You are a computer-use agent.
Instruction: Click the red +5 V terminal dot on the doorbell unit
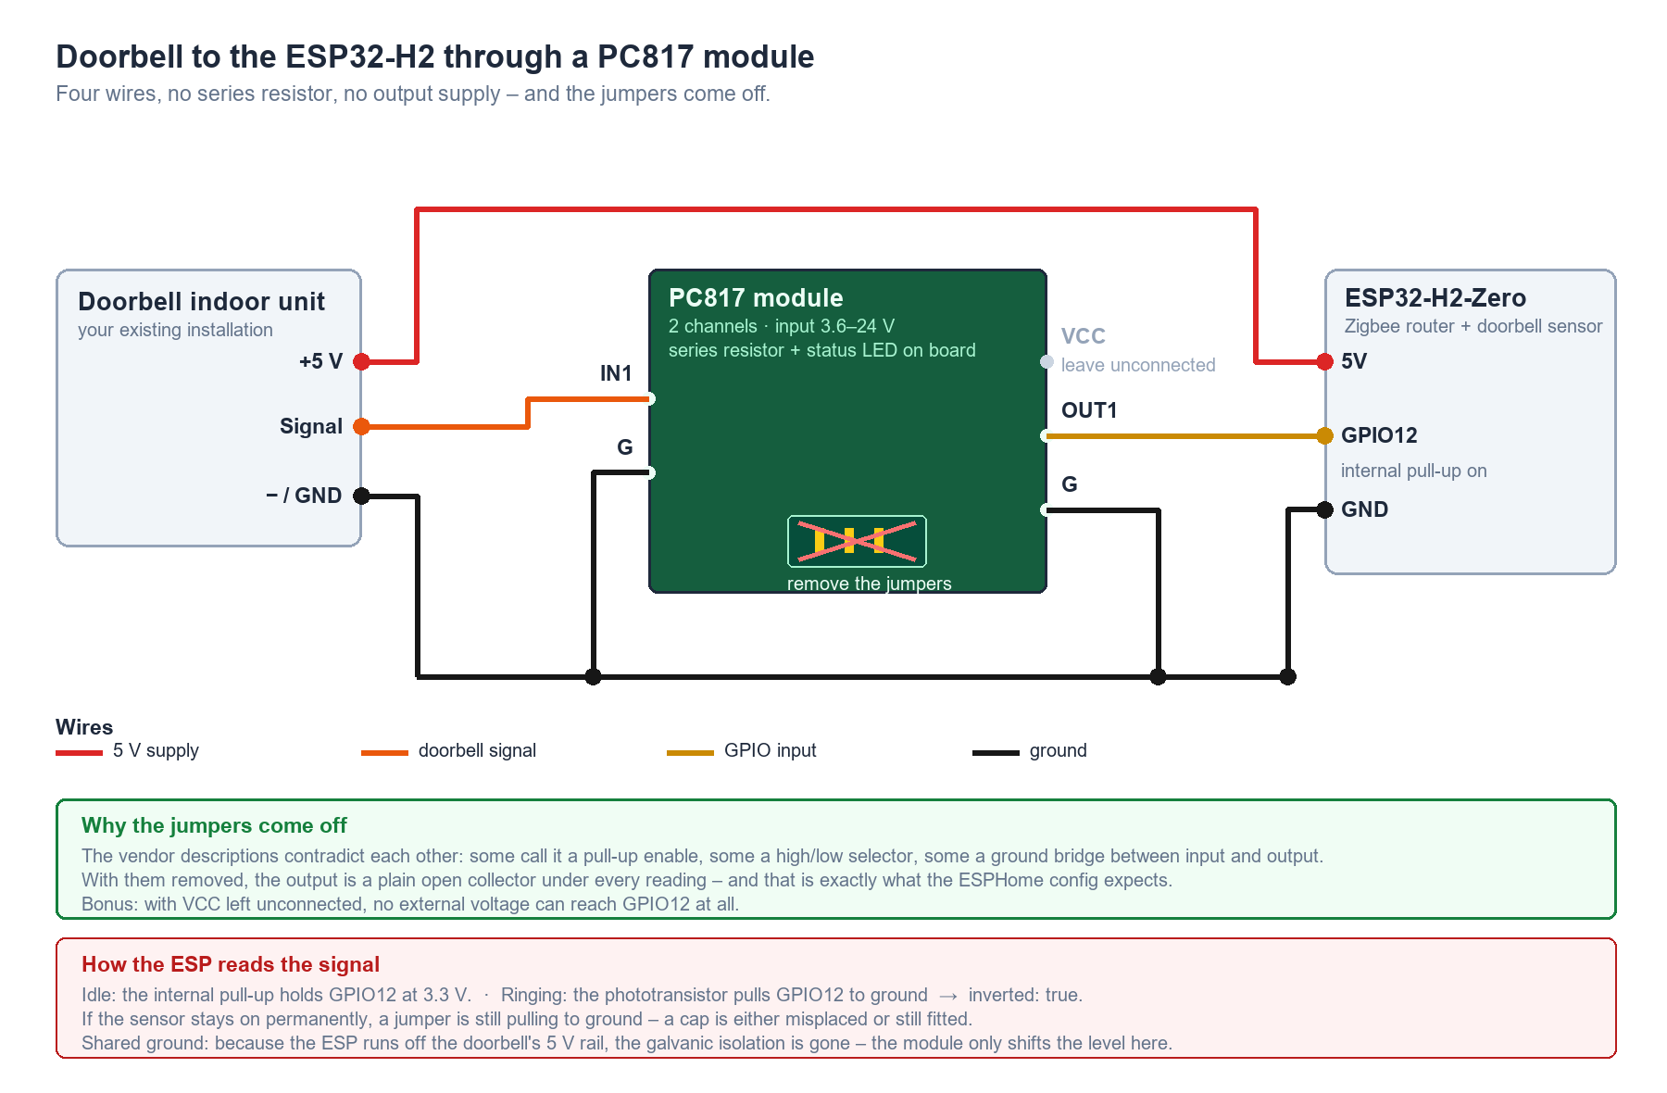[362, 361]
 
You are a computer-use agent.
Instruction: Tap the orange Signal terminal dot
[362, 426]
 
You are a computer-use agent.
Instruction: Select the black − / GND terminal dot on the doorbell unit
[362, 496]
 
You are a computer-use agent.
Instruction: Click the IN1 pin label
[616, 373]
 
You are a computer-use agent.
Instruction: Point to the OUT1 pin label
[1089, 410]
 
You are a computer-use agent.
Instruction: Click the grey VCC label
[1084, 336]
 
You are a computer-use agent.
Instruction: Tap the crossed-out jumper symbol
[857, 541]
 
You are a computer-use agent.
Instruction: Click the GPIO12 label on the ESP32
[1379, 435]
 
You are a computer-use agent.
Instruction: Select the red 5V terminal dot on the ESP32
[1325, 361]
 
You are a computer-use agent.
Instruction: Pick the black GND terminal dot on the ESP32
[1325, 509]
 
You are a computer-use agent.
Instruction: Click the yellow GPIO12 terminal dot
[1325, 435]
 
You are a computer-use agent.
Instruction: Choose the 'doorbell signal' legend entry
[449, 751]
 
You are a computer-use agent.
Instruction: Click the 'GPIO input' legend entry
[742, 751]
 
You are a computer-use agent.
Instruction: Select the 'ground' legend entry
[1030, 751]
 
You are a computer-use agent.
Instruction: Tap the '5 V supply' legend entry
[128, 751]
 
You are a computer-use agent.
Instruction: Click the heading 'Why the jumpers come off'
[214, 825]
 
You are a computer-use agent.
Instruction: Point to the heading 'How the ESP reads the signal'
[231, 964]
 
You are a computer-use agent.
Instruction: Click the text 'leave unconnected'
[1138, 365]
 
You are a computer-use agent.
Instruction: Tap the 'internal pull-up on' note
[1414, 471]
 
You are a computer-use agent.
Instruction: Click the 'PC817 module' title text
[756, 298]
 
